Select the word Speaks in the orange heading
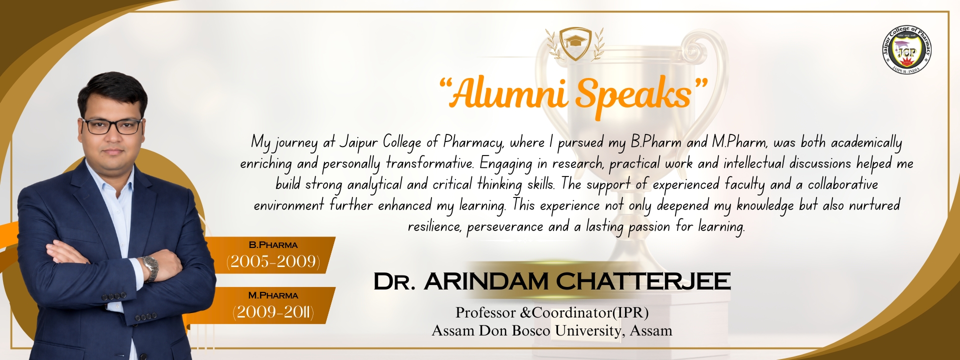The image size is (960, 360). coord(633,95)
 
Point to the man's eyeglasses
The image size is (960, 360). coord(112,126)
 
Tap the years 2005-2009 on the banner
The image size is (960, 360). coord(273,261)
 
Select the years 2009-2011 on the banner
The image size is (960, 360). coord(273,312)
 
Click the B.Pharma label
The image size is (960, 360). coord(273,245)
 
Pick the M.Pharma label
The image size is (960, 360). coord(273,295)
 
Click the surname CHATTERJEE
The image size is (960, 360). coord(643,281)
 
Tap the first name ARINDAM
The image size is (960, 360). coord(486,281)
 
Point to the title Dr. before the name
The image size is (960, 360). coord(394,282)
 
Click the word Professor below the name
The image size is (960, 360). coord(485,313)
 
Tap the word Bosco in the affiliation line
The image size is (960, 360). coord(530,330)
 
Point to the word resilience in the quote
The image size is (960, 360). coord(434,226)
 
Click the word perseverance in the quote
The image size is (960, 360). coord(504,227)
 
